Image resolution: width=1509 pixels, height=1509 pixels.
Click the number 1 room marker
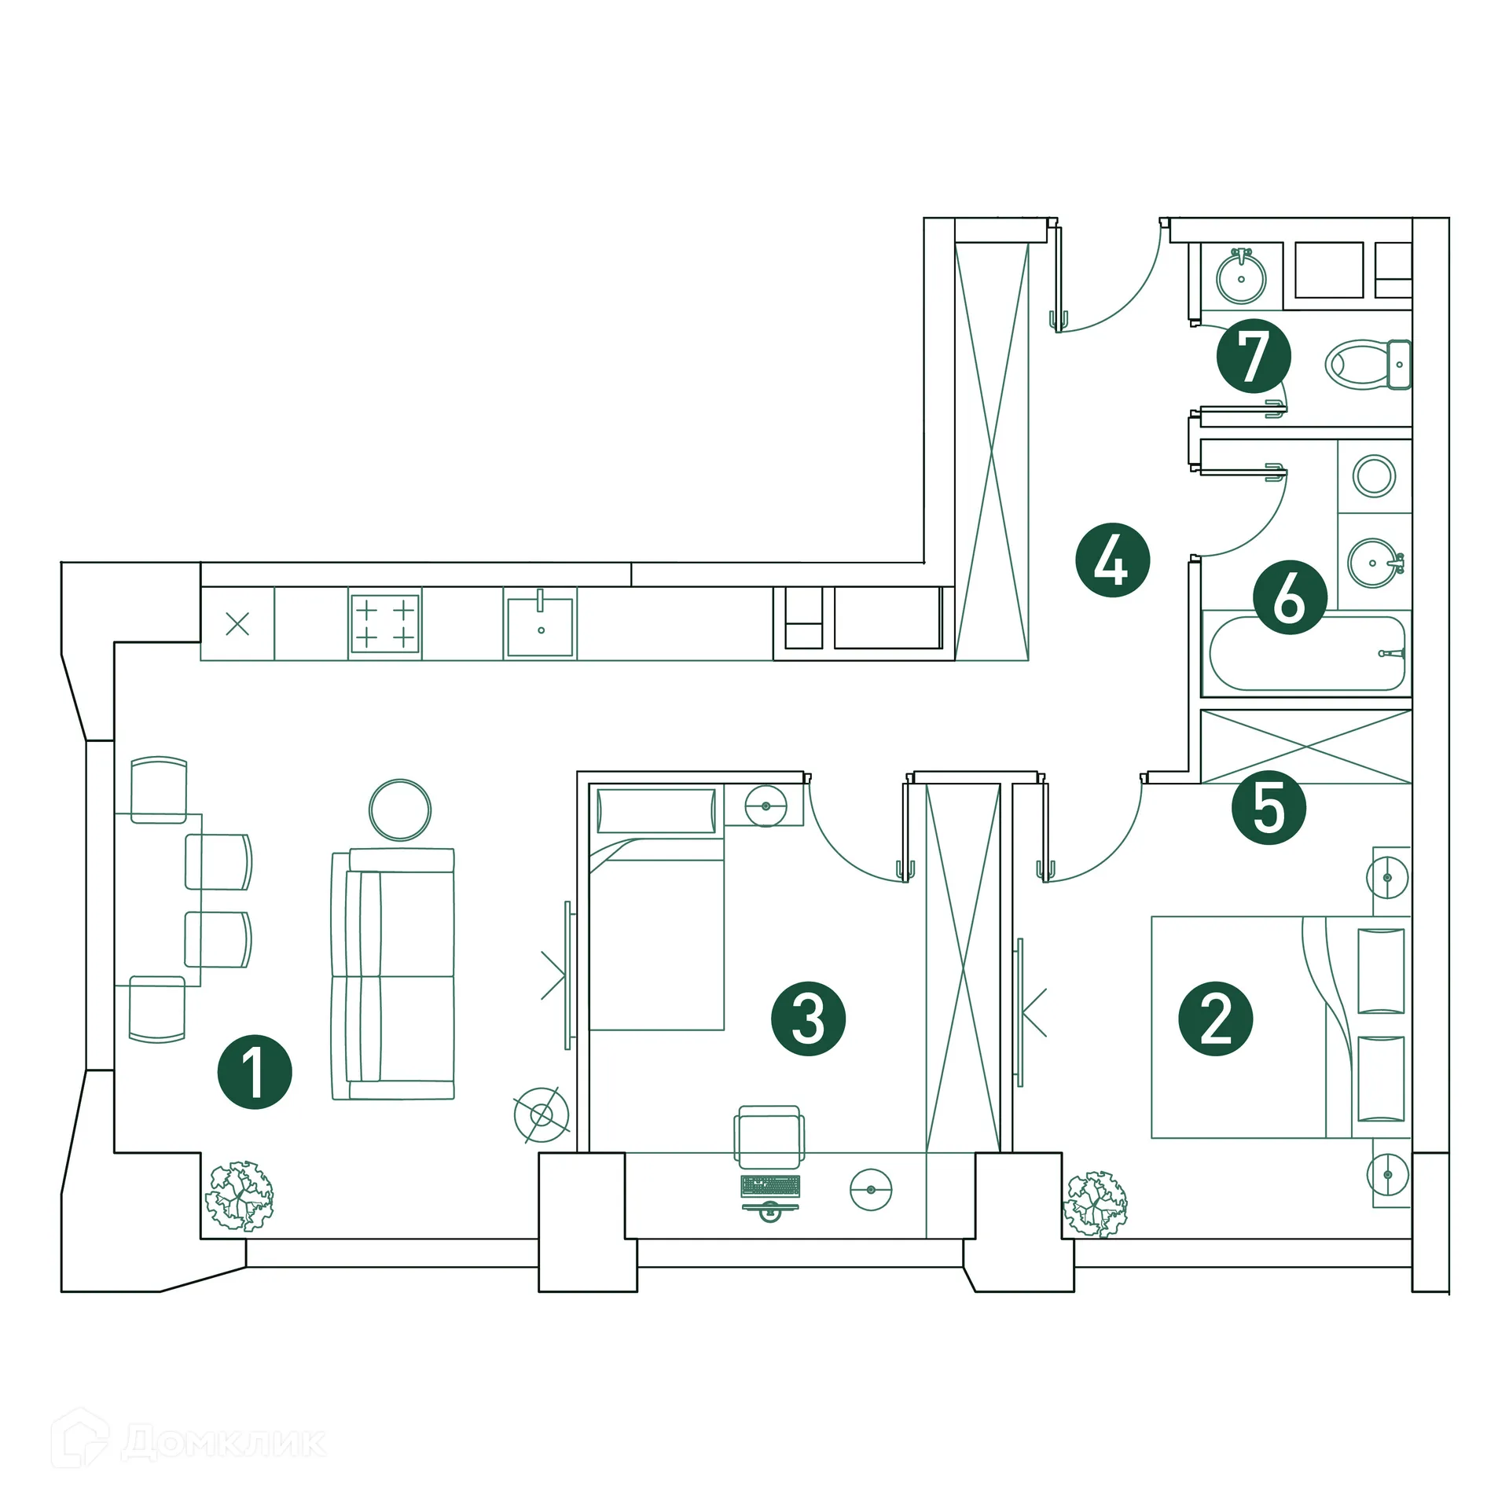pyautogui.click(x=255, y=1072)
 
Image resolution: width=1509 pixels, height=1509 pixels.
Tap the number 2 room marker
pyautogui.click(x=1215, y=1019)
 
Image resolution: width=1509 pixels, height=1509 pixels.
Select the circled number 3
pyautogui.click(x=808, y=1019)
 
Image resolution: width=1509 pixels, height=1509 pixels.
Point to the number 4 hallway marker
pyautogui.click(x=1112, y=560)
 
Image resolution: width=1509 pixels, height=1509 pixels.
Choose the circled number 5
pyautogui.click(x=1269, y=808)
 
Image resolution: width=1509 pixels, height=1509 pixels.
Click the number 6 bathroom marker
pyautogui.click(x=1290, y=597)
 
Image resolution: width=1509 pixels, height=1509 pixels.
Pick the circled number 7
pyautogui.click(x=1253, y=356)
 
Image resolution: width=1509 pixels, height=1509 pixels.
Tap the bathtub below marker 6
pyautogui.click(x=1306, y=654)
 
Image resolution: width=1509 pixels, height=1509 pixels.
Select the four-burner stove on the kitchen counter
pyautogui.click(x=384, y=623)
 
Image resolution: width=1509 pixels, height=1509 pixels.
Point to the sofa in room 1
pyautogui.click(x=393, y=974)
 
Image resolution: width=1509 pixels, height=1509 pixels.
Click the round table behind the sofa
pyautogui.click(x=400, y=810)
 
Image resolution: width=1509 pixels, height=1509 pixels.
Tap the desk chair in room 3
pyautogui.click(x=769, y=1137)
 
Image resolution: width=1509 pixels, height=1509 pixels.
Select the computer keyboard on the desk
pyautogui.click(x=770, y=1186)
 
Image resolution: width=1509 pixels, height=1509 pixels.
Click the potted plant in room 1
pyautogui.click(x=240, y=1195)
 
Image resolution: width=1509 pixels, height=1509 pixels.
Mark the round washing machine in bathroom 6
pyautogui.click(x=1374, y=476)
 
